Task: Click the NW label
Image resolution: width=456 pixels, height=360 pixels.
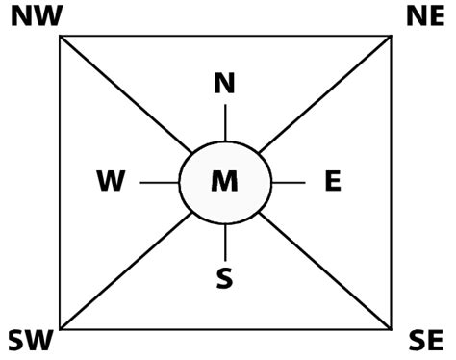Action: click(x=34, y=16)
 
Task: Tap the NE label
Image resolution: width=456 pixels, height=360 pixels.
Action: click(x=422, y=16)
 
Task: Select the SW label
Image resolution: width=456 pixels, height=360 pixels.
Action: click(x=30, y=340)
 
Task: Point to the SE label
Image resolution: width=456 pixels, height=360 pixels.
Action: click(x=425, y=340)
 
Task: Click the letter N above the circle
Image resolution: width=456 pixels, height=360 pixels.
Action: click(x=224, y=85)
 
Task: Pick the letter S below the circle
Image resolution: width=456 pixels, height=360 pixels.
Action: click(x=224, y=278)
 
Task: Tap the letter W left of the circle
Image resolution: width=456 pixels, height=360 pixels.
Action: click(x=112, y=181)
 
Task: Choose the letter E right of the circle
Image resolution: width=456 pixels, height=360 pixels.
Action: click(x=333, y=181)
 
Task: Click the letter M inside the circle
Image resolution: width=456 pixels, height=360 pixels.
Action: click(x=224, y=181)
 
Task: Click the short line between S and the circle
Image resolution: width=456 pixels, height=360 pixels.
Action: click(x=225, y=240)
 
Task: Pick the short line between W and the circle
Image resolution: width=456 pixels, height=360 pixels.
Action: click(x=160, y=182)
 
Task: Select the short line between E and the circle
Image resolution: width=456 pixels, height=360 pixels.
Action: click(x=289, y=182)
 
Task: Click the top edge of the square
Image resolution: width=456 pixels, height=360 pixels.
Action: click(x=225, y=36)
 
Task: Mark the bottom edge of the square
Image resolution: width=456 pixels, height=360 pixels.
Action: click(x=225, y=329)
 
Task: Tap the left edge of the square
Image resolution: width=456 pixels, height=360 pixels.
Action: click(x=60, y=183)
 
